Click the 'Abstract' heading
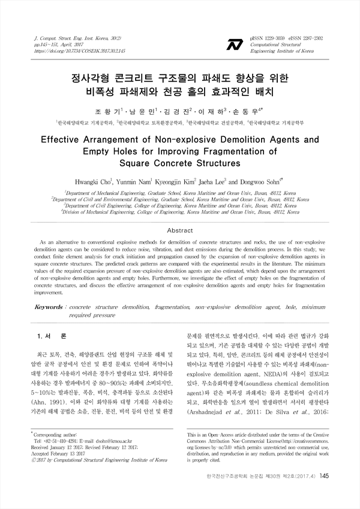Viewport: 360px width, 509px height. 179,230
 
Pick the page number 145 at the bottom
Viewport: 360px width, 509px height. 324,493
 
